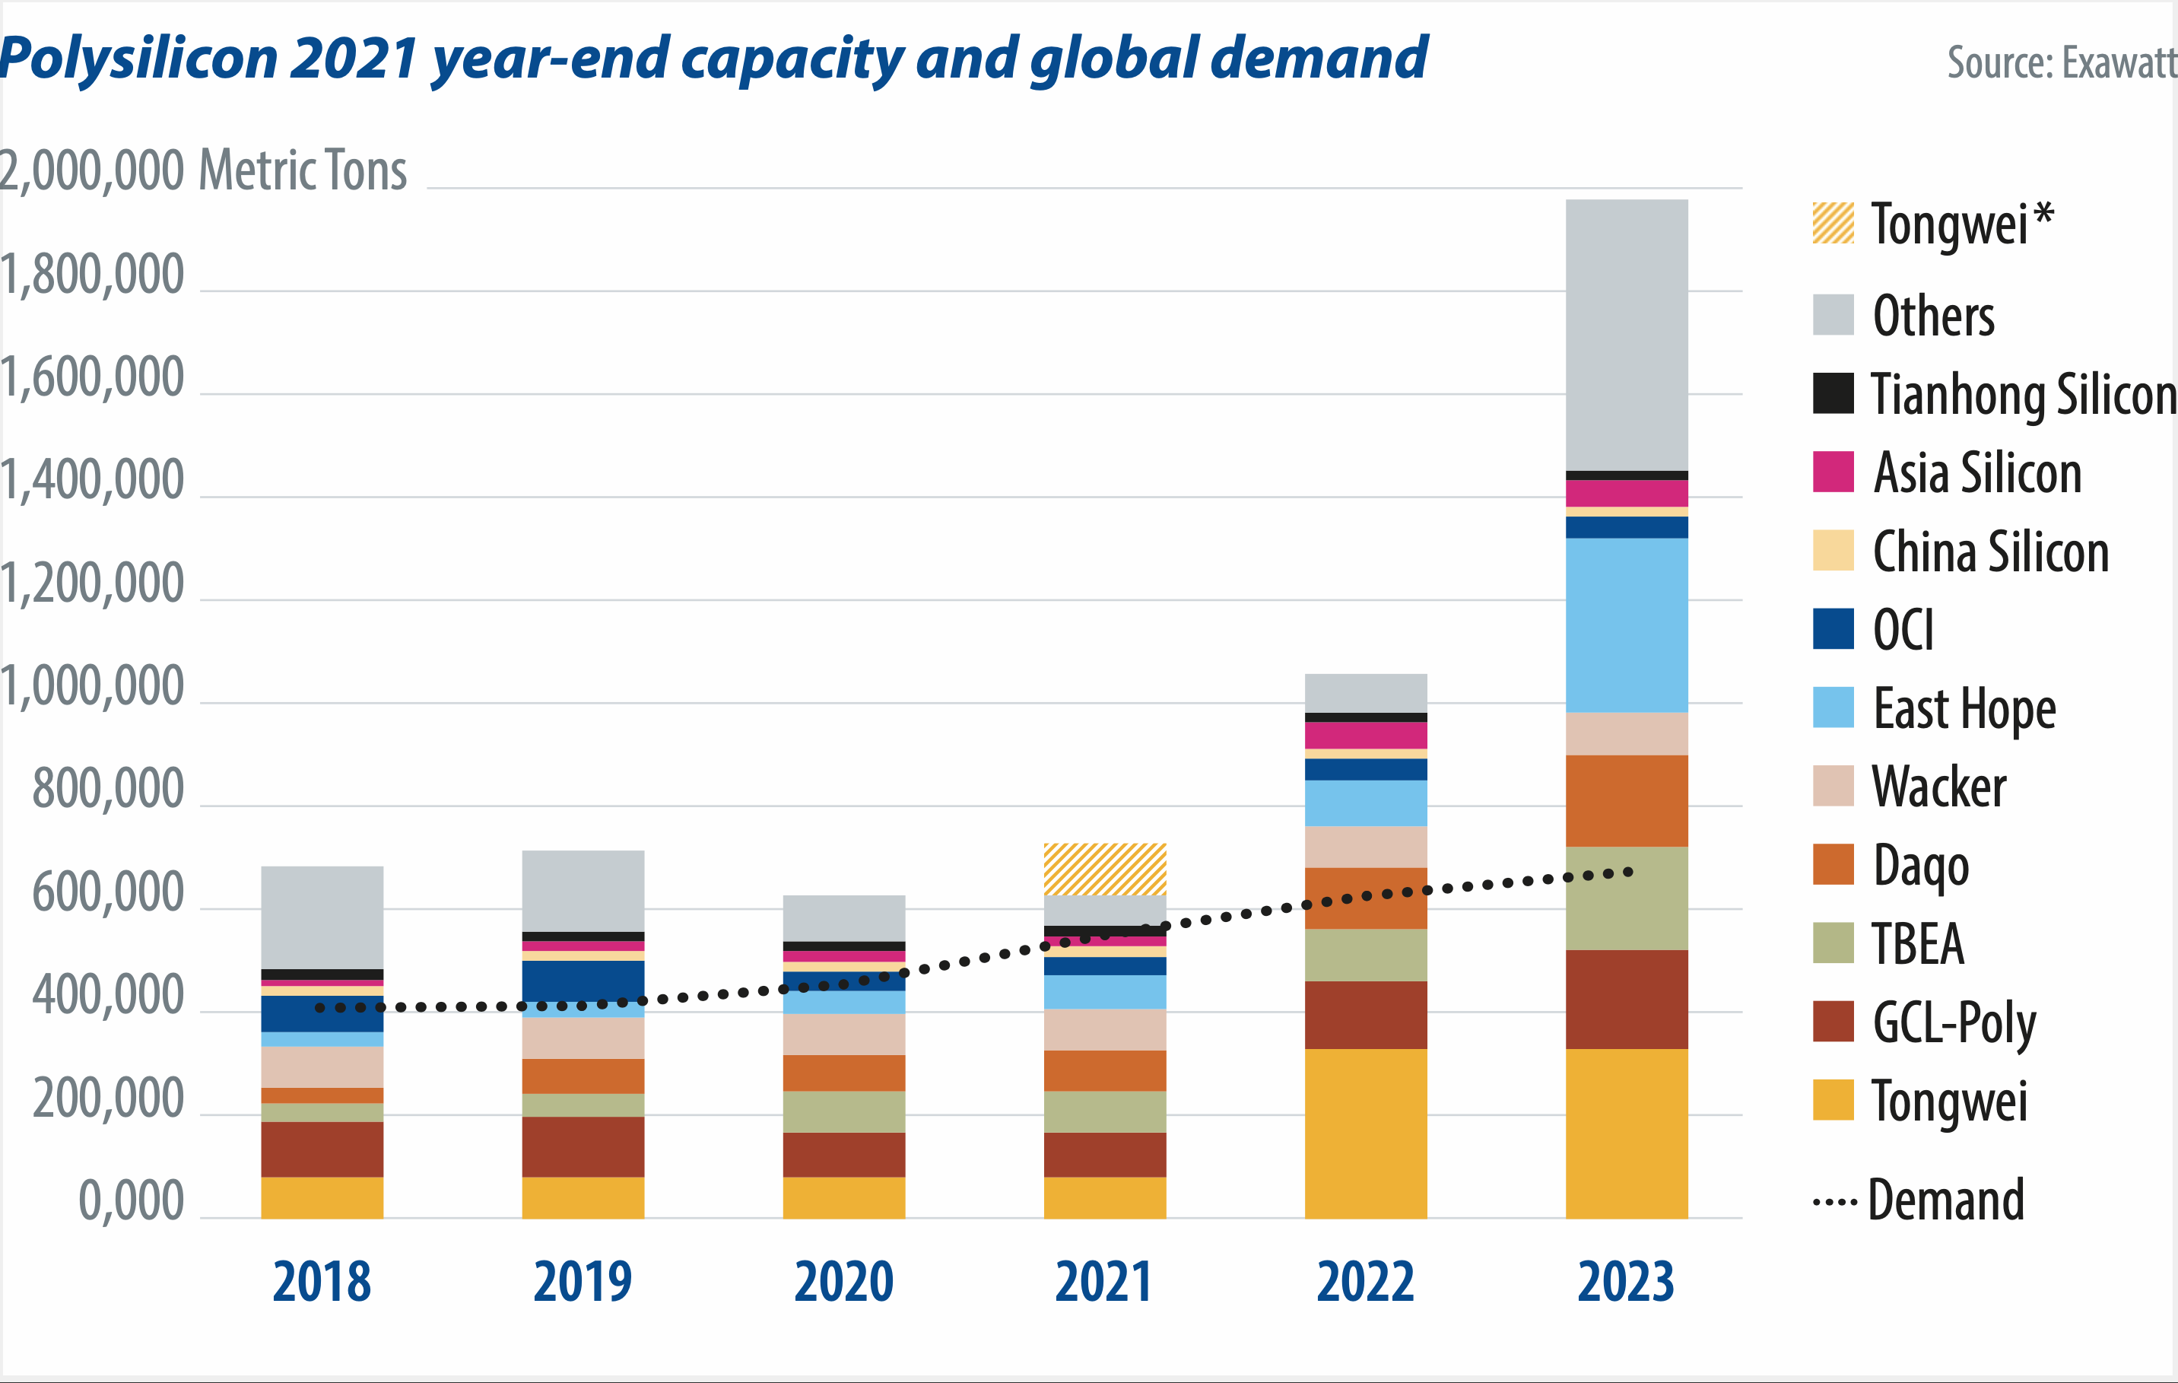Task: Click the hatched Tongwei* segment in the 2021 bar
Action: [x=1104, y=868]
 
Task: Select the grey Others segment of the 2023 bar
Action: [x=1626, y=335]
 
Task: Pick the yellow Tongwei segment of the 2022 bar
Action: [x=1365, y=1133]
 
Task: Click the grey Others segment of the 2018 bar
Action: [x=322, y=917]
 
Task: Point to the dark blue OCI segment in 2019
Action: [x=583, y=980]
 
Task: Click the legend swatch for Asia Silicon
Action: [x=1833, y=471]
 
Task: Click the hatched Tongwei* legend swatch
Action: [x=1833, y=224]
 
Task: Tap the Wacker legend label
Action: [x=1938, y=786]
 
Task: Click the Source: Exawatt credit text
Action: [x=2060, y=62]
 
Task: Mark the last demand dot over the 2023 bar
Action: [x=1628, y=872]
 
